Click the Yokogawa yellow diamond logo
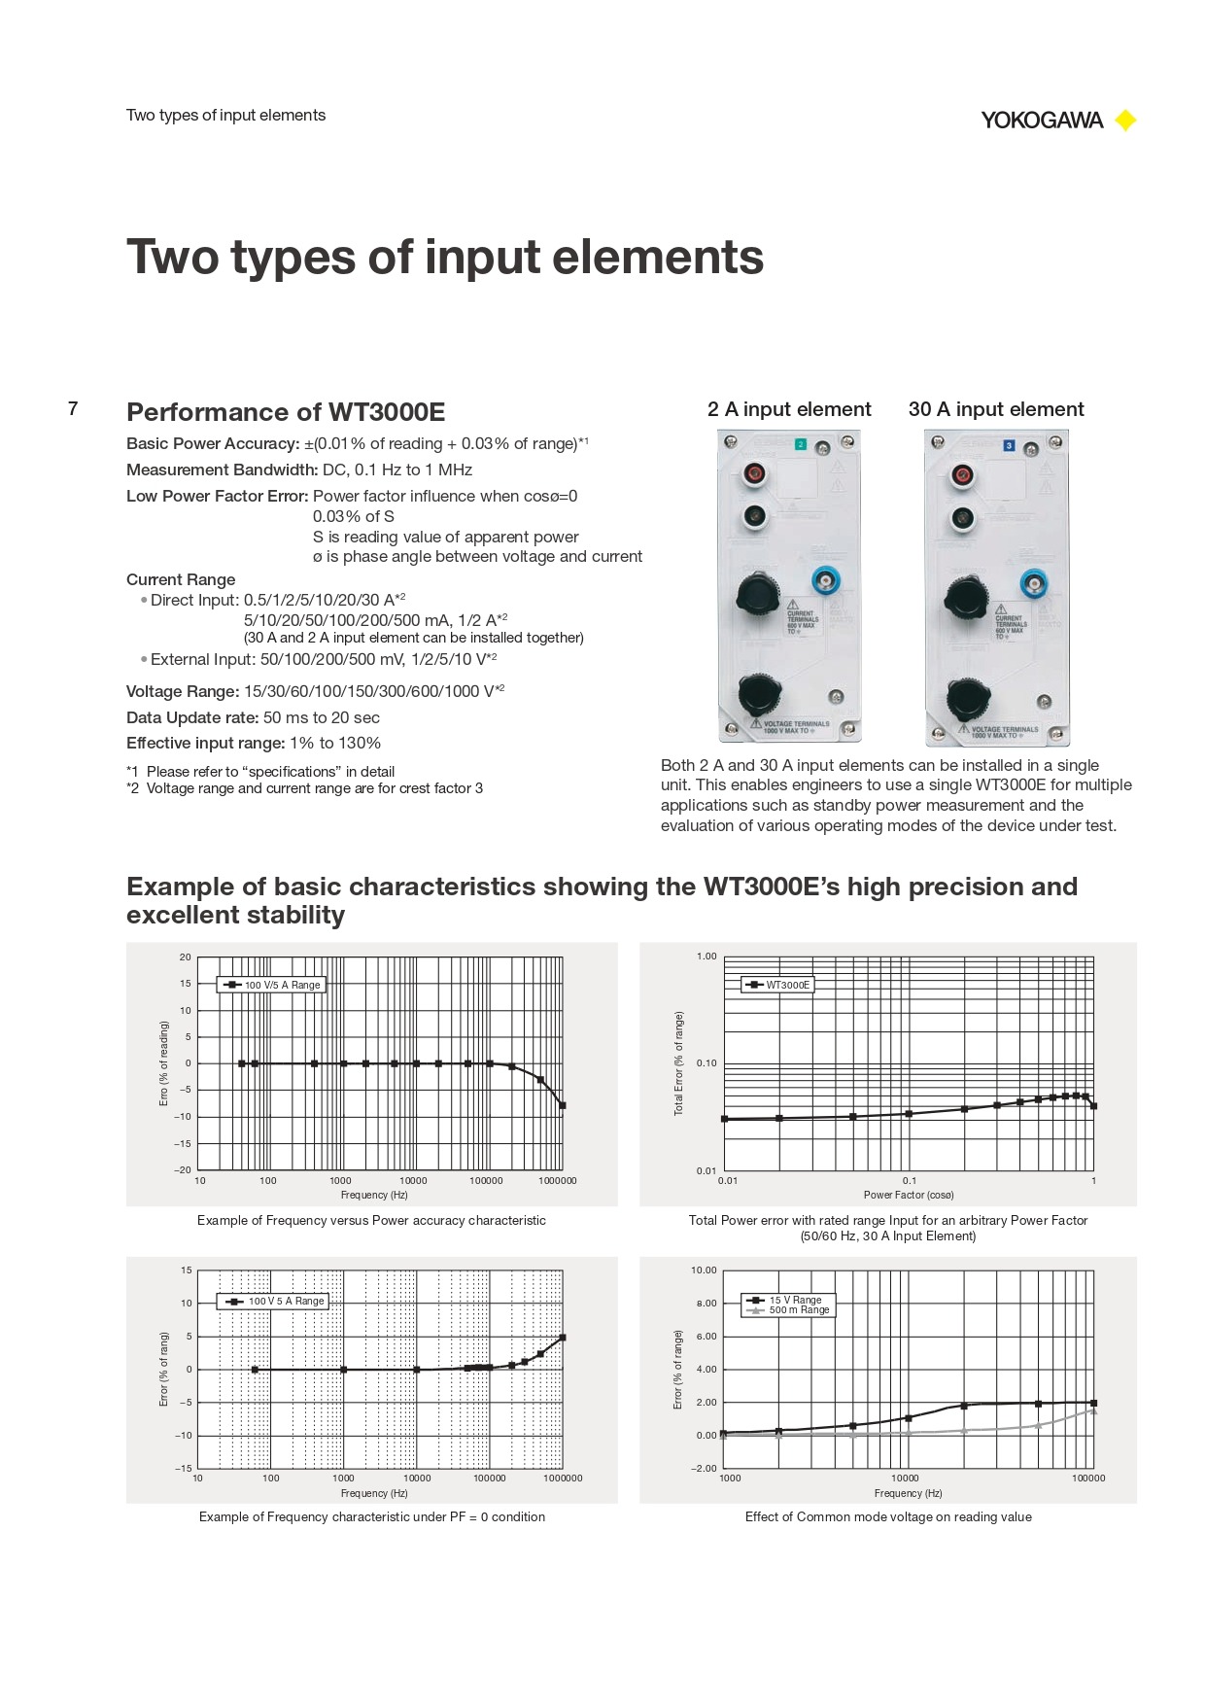[1125, 121]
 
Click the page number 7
[73, 408]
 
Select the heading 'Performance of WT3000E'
[286, 412]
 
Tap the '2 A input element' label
[789, 409]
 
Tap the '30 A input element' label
[996, 409]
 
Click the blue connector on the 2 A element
[826, 582]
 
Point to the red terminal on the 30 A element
[962, 474]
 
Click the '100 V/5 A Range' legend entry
[282, 985]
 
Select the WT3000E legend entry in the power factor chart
[787, 985]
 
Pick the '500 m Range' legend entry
[799, 1310]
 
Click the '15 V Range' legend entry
[795, 1300]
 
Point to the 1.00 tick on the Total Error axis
[706, 957]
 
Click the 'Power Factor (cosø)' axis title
[909, 1195]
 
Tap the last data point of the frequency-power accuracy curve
[562, 1105]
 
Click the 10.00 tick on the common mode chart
[704, 1270]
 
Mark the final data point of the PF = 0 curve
[563, 1338]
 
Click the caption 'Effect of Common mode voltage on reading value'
[888, 1516]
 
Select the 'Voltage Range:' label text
[183, 691]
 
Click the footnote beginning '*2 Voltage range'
[304, 788]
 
